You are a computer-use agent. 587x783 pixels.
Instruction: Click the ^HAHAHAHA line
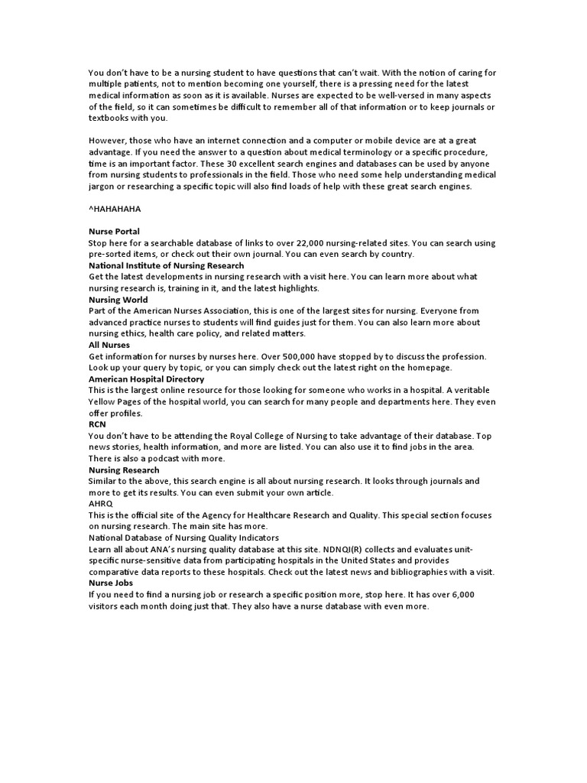click(x=115, y=208)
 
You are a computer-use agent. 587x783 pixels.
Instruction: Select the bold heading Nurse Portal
click(x=114, y=231)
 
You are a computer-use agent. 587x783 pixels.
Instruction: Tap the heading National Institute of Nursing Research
click(x=166, y=265)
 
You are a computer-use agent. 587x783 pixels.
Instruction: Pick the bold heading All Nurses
click(x=109, y=345)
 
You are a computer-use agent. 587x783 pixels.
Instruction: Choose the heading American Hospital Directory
click(x=146, y=379)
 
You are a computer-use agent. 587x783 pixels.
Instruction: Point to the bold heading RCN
click(x=97, y=424)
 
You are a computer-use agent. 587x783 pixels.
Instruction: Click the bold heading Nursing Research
click(x=124, y=470)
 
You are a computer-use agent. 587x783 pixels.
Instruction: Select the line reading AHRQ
click(x=101, y=504)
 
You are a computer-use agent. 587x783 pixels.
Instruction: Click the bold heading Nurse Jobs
click(x=111, y=583)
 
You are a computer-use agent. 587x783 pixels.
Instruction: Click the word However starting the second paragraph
click(x=109, y=140)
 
